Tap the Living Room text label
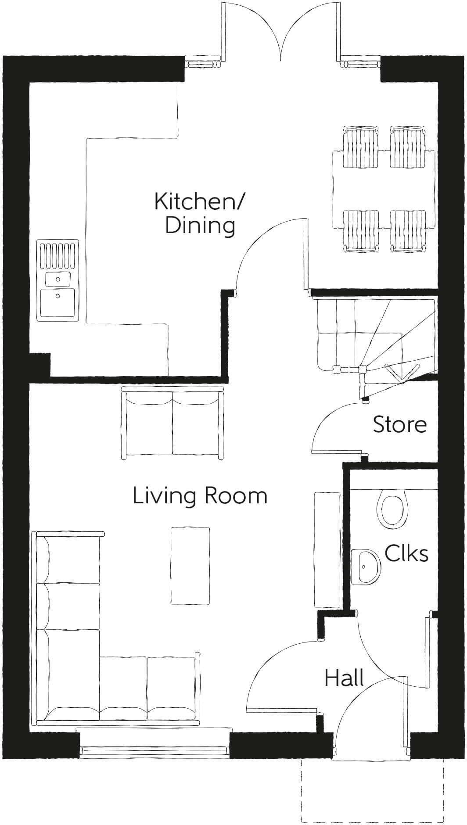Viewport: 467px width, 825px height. [200, 496]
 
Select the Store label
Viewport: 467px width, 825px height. [399, 425]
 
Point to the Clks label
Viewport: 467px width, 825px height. [406, 553]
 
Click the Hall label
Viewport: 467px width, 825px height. [344, 678]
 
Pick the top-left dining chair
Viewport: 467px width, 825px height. [360, 146]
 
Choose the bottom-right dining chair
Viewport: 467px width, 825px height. [408, 231]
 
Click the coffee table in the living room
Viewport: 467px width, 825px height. [190, 566]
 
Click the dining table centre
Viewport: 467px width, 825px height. [384, 189]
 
